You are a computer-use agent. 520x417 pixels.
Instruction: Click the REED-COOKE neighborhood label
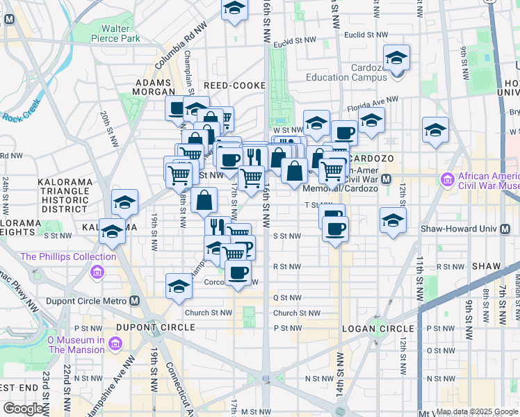[234, 85]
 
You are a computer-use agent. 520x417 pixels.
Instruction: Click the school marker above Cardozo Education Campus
[396, 58]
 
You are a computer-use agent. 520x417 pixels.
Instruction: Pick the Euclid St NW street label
[366, 34]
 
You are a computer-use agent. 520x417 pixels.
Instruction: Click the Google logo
[24, 408]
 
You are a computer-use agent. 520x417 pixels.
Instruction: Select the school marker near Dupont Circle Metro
[179, 286]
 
